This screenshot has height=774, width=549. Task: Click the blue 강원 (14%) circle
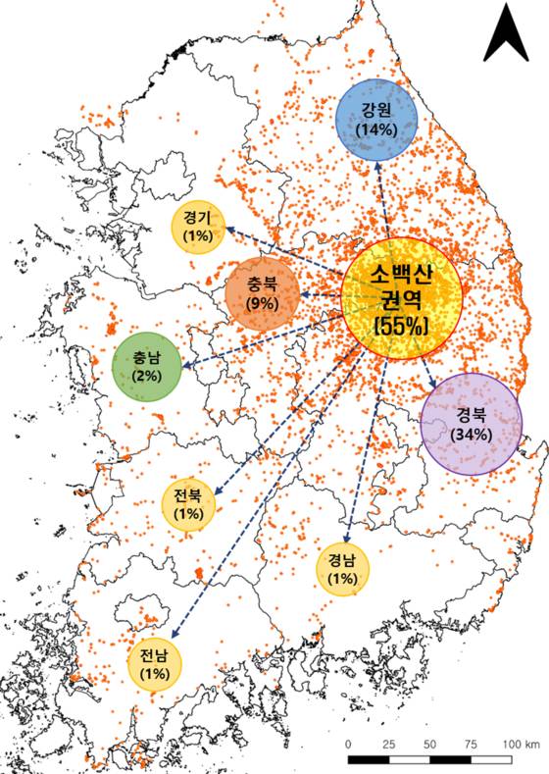(376, 121)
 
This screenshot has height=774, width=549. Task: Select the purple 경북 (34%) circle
(472, 424)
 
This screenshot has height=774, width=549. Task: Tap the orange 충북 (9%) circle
(264, 294)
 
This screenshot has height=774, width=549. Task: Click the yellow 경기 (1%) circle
(204, 228)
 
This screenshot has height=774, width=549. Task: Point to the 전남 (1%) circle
(155, 665)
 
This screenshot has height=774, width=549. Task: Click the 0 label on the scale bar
(350, 745)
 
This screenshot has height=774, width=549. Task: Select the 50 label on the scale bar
(429, 745)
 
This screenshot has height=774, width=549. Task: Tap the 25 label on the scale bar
(389, 745)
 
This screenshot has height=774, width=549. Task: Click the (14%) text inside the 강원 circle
(376, 129)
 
